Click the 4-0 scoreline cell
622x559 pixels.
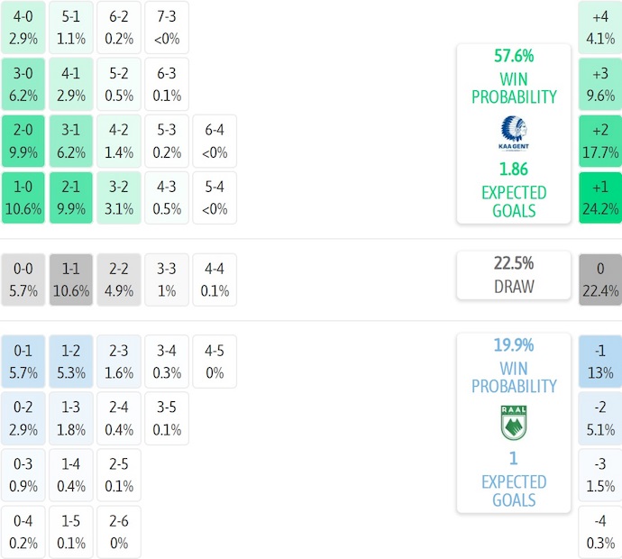[23, 27]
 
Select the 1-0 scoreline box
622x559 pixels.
[23, 197]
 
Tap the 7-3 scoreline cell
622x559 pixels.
[167, 27]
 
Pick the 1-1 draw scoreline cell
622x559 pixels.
[70, 279]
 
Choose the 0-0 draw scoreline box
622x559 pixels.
[23, 279]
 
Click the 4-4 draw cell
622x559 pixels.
[214, 279]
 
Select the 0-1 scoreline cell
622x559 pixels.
[23, 361]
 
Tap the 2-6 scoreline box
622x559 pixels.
[118, 532]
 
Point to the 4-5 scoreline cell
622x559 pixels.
[214, 361]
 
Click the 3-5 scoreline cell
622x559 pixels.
[167, 417]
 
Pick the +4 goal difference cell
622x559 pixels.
[599, 27]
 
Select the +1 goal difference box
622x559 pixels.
[599, 197]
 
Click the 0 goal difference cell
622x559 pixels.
[599, 279]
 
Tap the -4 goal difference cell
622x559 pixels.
[599, 532]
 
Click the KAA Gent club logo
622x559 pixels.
[513, 133]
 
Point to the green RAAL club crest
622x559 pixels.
[513, 423]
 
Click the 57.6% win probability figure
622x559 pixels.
[513, 56]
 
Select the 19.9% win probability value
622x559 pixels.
[513, 344]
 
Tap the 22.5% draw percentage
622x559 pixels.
[513, 263]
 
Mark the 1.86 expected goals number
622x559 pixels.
[513, 169]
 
